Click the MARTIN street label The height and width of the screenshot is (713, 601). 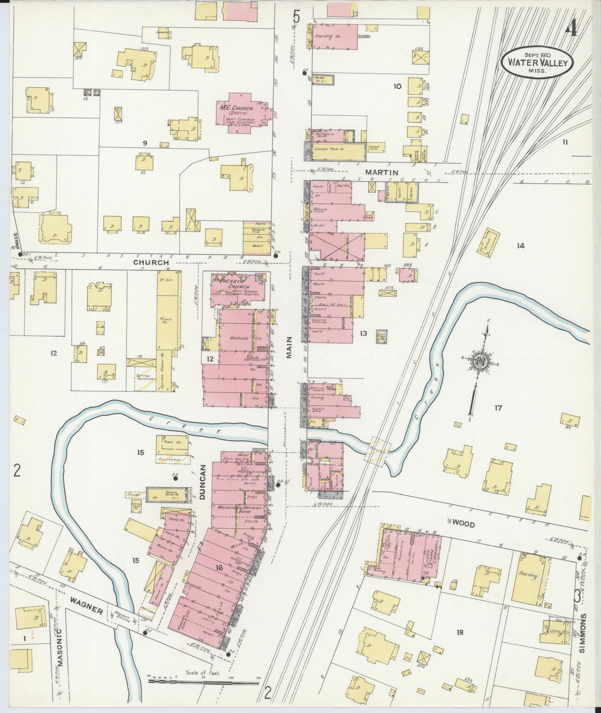(381, 172)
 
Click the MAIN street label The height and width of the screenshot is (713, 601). (289, 347)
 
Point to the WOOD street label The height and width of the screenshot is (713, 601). (463, 524)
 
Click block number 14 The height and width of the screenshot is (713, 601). (520, 246)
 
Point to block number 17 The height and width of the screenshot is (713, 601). (498, 408)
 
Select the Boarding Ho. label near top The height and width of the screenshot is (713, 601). (329, 36)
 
